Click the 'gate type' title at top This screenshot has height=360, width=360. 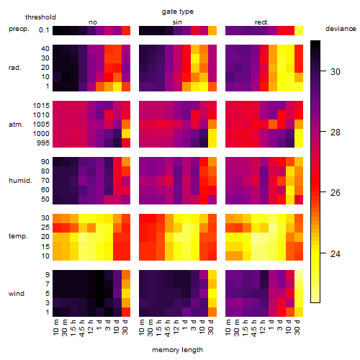[x=178, y=12]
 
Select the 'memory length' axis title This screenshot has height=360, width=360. [x=177, y=350]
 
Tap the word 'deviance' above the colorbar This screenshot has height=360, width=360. [x=341, y=29]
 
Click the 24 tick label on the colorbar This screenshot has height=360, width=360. [x=336, y=253]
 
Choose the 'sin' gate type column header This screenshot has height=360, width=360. [x=177, y=22]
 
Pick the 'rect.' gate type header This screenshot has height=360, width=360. [x=262, y=22]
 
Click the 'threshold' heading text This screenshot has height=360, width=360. [x=40, y=17]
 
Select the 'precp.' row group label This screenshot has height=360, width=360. [x=19, y=30]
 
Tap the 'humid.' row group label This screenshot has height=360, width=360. [x=20, y=181]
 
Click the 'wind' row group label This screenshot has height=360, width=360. [x=17, y=294]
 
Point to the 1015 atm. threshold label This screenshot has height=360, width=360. [x=41, y=106]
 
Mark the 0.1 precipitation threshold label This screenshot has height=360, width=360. [x=44, y=30]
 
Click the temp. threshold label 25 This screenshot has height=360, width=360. [x=45, y=228]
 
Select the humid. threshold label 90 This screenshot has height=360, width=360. [x=45, y=162]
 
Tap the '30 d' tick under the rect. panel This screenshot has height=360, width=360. [x=297, y=327]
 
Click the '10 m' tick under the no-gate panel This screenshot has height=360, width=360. [x=55, y=327]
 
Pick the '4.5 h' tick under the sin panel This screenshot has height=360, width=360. [x=168, y=328]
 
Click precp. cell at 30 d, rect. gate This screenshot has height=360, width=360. [x=299, y=31]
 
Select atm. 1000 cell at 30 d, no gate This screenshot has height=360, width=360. [x=126, y=134]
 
